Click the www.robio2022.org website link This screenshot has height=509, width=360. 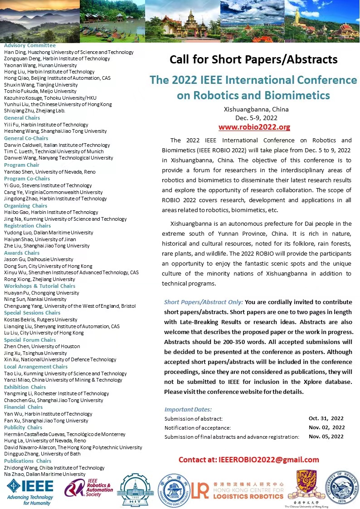click(254, 127)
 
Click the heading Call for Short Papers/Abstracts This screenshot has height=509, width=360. click(253, 59)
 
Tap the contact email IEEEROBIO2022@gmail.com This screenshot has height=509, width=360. click(249, 460)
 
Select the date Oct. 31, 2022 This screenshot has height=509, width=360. click(326, 418)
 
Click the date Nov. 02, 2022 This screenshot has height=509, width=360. click(326, 427)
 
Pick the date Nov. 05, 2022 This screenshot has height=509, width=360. click(326, 436)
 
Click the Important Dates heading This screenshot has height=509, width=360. click(188, 409)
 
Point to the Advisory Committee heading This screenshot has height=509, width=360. click(30, 45)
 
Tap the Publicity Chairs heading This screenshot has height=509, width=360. click(23, 427)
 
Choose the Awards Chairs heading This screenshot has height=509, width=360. click(22, 253)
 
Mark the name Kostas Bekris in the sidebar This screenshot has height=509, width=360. click(19, 320)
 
